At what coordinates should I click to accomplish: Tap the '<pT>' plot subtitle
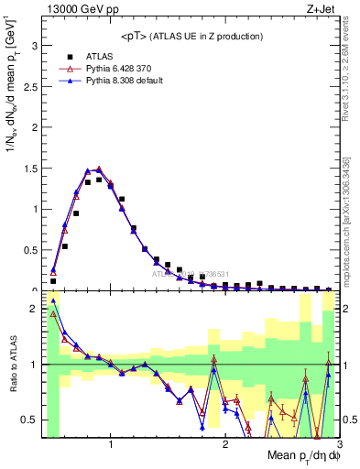[x=190, y=36]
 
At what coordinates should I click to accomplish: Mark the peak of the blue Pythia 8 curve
[x=99, y=169]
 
